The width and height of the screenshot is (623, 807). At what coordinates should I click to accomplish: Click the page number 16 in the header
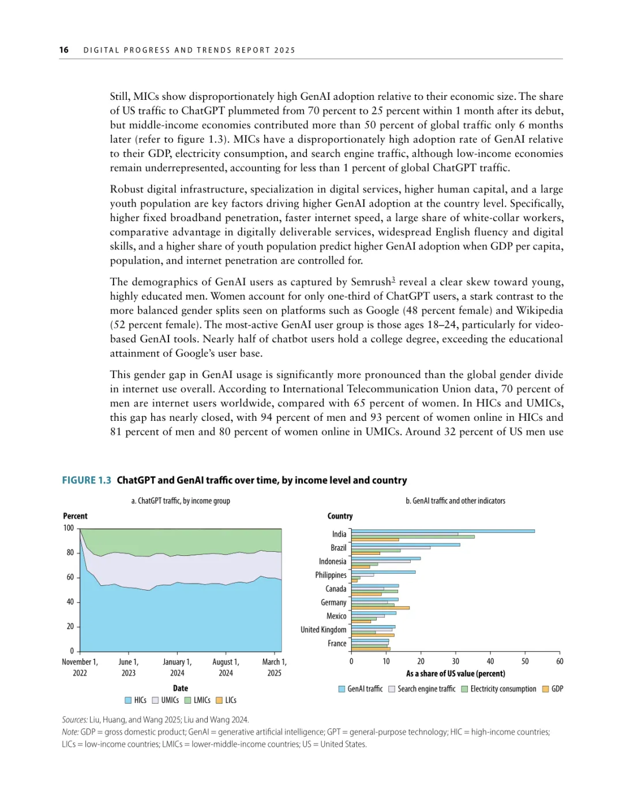coord(63,50)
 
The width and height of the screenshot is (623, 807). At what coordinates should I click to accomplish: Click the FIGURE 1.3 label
coord(87,480)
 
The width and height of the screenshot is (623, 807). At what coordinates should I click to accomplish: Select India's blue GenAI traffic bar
coord(442,531)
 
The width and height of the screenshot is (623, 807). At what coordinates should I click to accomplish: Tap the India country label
coord(339,535)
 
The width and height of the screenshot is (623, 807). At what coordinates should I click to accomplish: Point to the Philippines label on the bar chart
coord(331,576)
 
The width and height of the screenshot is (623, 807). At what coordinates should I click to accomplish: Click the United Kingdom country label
coord(323,630)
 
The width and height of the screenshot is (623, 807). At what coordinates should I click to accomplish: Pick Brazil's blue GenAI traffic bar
coord(406,544)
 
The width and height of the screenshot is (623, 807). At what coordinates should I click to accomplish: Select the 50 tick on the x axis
coord(525,662)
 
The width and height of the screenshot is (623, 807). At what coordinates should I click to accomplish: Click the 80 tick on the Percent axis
coord(70,552)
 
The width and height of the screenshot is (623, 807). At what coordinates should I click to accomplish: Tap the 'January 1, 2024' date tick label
coord(177,667)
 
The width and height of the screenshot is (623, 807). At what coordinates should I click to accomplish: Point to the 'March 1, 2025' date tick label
coord(275,667)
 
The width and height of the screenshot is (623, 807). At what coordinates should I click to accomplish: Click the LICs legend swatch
coord(219,701)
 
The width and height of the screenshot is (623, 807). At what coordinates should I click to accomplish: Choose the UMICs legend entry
coord(166,700)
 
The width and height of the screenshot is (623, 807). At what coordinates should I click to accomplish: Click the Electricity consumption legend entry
coord(499,689)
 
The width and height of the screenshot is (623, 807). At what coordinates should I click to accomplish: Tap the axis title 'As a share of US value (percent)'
coord(455,674)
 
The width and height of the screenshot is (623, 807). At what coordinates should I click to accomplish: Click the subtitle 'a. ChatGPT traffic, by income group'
coord(181,501)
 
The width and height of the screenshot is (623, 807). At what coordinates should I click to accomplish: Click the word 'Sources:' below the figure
coord(75,720)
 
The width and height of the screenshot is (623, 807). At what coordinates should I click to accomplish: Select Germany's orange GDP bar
coord(380,608)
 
